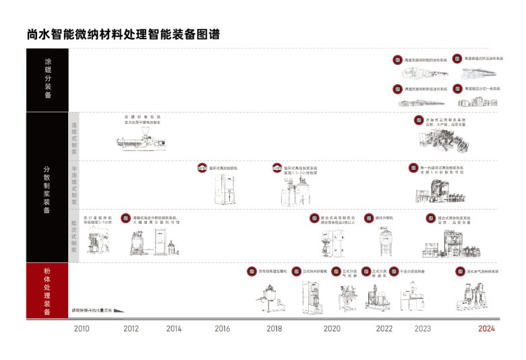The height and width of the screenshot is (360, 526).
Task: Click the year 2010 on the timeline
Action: [82, 329]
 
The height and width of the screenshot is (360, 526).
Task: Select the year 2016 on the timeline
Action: [222, 329]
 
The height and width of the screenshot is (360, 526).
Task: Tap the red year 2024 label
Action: [486, 329]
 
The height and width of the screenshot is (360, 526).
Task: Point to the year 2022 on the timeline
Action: [384, 329]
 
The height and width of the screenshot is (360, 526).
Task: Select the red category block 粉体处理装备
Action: [47, 291]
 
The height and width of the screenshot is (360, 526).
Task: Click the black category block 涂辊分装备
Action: [47, 78]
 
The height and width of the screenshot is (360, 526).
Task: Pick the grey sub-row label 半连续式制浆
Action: [74, 185]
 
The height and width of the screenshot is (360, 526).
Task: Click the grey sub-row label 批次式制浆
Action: [74, 236]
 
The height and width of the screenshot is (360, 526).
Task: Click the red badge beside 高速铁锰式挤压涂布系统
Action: [457, 59]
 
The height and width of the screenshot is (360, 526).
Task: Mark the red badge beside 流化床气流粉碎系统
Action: [461, 272]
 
